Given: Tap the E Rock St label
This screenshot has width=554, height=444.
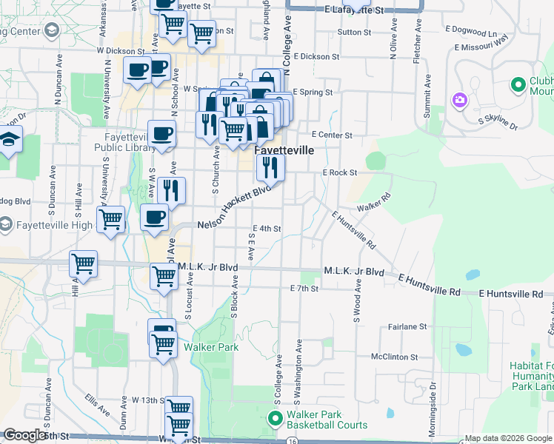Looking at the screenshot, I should coord(339,172).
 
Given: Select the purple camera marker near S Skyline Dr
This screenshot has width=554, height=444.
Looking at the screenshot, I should coord(459,100).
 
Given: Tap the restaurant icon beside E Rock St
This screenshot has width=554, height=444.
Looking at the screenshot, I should coord(270,167).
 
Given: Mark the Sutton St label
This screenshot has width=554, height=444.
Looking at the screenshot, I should coord(353,33).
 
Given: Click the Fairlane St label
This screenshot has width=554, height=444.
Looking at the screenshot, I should coord(408,326).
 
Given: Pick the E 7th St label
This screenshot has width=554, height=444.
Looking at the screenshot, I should coord(304,288).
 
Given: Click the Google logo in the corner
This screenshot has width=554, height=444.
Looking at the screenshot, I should coord(24,435).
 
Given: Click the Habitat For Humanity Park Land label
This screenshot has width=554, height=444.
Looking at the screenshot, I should coord(531,377).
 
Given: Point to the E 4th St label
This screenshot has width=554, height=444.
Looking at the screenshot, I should coord(267,229).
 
